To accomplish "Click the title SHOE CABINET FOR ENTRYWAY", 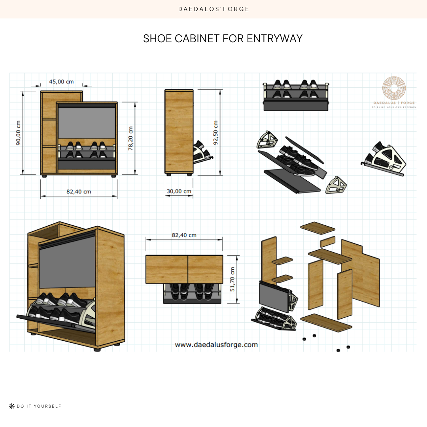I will (x=223, y=39).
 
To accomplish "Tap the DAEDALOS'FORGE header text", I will (x=213, y=9).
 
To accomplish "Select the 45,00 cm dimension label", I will (x=61, y=82).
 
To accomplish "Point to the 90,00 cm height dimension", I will (x=19, y=132).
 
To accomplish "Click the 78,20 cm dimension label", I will (x=131, y=138).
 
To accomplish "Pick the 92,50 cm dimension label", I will (x=216, y=132).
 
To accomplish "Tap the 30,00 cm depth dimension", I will (x=179, y=191).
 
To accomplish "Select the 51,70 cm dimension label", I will (x=232, y=279).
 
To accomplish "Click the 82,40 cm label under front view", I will (x=79, y=192).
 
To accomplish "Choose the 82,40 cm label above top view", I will (x=184, y=235).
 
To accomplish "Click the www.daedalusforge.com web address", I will (x=216, y=345).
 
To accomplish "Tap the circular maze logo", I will (x=394, y=89).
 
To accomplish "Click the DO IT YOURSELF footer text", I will (x=39, y=406).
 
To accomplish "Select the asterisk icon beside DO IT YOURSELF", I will (x=11, y=406).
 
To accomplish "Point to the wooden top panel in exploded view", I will (x=317, y=227).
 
